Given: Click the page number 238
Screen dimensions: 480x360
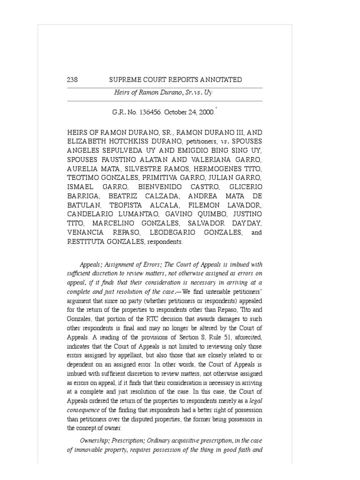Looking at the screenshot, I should coord(73,80).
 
